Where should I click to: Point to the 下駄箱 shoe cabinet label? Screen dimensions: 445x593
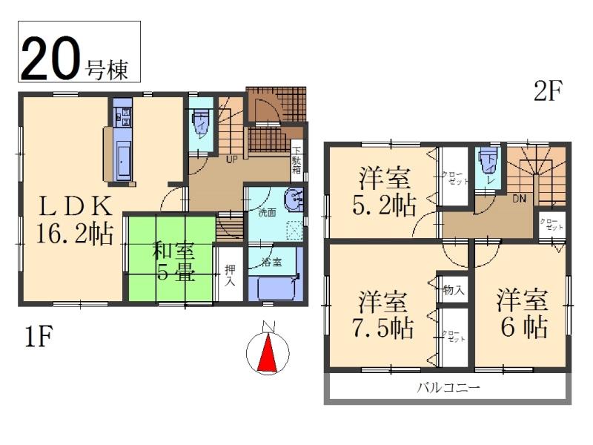[x=296, y=159]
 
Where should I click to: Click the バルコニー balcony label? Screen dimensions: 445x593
[x=448, y=387]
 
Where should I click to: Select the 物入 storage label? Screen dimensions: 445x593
[x=454, y=289]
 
